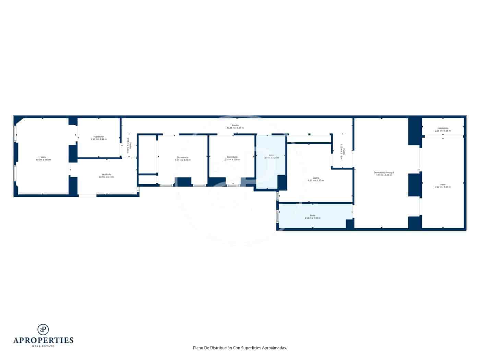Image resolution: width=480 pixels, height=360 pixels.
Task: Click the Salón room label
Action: click(43, 158)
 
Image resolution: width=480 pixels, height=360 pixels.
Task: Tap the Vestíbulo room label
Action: click(106, 176)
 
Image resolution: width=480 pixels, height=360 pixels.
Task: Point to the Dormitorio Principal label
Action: click(384, 173)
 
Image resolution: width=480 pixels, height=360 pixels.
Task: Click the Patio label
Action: click(443, 185)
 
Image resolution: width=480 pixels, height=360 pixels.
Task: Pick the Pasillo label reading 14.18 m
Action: click(235, 127)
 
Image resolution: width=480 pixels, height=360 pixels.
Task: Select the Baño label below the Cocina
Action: click(312, 217)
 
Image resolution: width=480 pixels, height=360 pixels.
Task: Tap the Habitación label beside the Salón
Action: click(99, 138)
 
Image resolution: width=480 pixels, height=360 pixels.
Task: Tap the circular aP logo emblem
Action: click(43, 329)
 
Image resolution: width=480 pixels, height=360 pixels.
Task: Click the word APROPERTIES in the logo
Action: click(43, 340)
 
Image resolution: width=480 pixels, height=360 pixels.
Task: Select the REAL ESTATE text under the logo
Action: click(43, 346)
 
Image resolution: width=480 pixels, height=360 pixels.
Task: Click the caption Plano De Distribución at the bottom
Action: click(240, 348)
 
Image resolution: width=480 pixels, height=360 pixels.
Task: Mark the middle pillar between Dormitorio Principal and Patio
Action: click(415, 185)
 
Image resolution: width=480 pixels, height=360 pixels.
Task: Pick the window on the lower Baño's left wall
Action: click(277, 216)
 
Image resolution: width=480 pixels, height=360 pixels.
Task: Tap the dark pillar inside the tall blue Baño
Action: click(282, 182)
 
